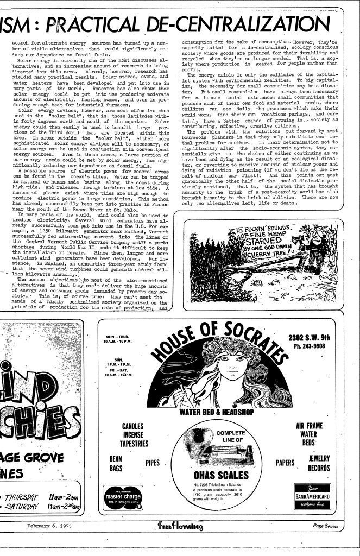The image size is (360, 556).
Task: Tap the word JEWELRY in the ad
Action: [x=319, y=459]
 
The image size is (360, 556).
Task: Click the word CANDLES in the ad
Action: [x=136, y=427]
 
